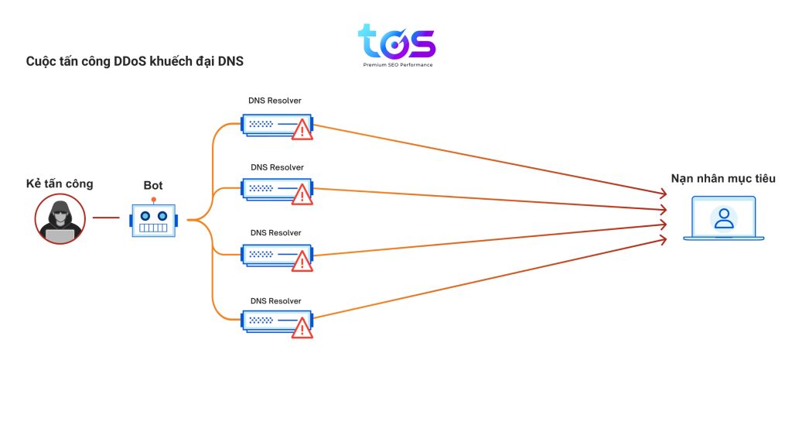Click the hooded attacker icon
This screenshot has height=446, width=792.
(60, 218)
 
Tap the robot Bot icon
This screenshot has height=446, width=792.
(154, 220)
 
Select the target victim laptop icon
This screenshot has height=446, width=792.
(723, 219)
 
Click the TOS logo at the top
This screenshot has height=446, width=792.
(397, 43)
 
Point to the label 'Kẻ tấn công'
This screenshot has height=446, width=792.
(60, 184)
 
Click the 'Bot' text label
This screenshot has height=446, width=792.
(153, 186)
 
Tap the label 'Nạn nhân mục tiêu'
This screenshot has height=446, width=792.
(722, 179)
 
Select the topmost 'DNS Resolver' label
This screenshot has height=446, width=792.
(275, 101)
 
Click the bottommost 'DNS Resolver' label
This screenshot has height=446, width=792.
(276, 300)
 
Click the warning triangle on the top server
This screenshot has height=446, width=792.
(302, 129)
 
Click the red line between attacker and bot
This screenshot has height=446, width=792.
(106, 218)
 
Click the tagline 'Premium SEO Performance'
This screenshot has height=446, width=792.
(398, 65)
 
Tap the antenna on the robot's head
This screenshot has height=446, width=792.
(154, 201)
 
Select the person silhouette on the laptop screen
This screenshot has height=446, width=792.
(724, 218)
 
